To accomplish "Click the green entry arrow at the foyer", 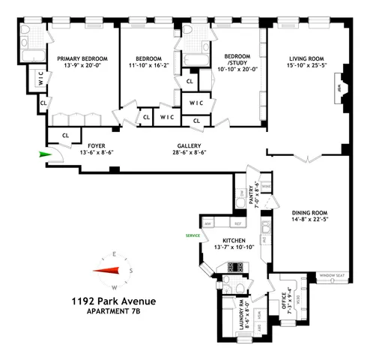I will click(x=46, y=155).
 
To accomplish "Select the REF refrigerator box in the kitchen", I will click(x=239, y=223).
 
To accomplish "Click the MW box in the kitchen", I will click(x=207, y=223).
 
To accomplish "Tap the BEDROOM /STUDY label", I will click(x=234, y=61).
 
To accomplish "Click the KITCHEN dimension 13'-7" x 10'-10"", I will click(x=229, y=247).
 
